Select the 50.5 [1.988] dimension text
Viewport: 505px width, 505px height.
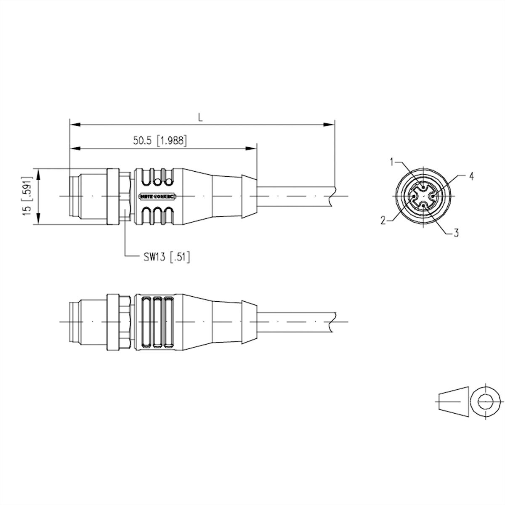(160, 141)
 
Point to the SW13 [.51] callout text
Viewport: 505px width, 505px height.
(165, 257)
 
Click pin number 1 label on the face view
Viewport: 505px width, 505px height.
(392, 161)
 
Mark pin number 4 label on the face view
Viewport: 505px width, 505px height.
(471, 176)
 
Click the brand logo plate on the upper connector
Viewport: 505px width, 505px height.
(158, 196)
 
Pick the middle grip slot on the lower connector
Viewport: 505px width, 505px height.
(158, 322)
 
